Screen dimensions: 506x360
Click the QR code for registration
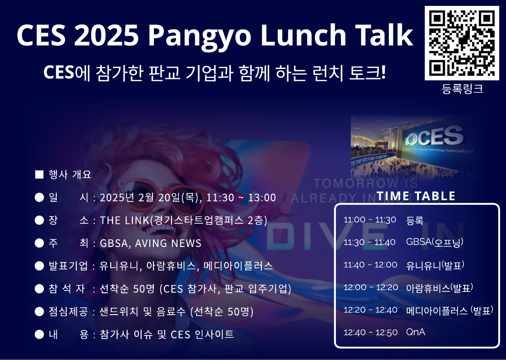click(x=462, y=43)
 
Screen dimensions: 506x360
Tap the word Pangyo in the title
click(x=199, y=36)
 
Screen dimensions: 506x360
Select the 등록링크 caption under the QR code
click(x=462, y=89)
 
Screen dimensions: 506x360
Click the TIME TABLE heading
click(x=416, y=196)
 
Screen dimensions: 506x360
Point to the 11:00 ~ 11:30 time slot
click(x=370, y=220)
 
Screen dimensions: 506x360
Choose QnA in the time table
click(x=416, y=332)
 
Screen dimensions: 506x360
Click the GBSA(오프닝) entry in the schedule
click(x=435, y=242)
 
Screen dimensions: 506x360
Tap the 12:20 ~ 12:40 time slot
click(x=370, y=310)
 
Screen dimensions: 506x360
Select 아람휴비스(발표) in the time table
click(x=440, y=288)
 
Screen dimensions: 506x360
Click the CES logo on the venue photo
click(x=434, y=137)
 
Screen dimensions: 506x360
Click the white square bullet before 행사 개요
click(x=39, y=174)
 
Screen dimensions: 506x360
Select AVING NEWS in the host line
click(x=168, y=243)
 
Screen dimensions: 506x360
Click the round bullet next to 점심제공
click(x=39, y=311)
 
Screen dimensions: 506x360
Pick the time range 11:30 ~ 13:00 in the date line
click(x=241, y=197)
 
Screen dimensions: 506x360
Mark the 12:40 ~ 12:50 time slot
click(x=370, y=333)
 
